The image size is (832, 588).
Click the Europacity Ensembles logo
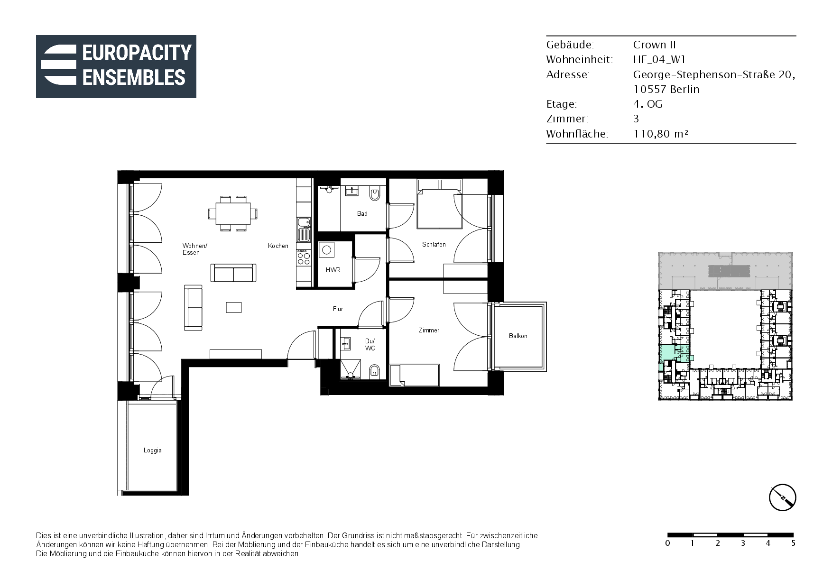point(116,66)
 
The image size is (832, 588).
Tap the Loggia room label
point(153,450)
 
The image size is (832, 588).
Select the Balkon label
point(518,336)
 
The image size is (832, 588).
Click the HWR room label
point(333,270)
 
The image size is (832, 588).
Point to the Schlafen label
point(434,244)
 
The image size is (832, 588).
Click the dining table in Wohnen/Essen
point(233,213)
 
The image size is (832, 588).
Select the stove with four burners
point(304,257)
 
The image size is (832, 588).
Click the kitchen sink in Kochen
point(304,229)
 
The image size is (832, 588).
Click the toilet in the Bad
point(375,193)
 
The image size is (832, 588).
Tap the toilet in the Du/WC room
point(374,372)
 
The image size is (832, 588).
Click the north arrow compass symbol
point(782,497)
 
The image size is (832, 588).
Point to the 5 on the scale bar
point(793,543)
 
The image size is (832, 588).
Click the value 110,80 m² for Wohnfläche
point(661,134)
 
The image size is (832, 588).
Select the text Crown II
point(655,45)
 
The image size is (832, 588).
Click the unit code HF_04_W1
point(659,59)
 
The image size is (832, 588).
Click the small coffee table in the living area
point(234,307)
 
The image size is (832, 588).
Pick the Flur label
point(338,309)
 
